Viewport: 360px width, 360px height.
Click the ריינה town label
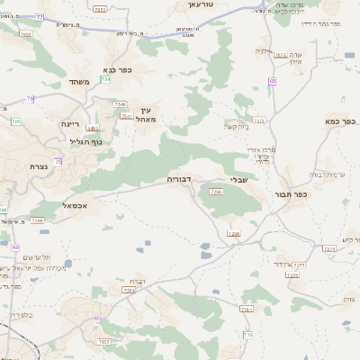[71, 123]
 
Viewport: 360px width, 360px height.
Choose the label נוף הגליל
[85, 140]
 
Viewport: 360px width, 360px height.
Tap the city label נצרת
[39, 167]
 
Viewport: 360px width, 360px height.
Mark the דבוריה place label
[181, 180]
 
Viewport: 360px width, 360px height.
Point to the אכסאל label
[76, 206]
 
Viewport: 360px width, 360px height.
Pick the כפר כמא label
[342, 121]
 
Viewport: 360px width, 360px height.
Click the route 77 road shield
[40, 18]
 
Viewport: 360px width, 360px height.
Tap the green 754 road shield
[105, 80]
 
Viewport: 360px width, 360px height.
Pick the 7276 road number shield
[292, 274]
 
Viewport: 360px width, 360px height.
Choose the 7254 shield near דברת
[129, 291]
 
